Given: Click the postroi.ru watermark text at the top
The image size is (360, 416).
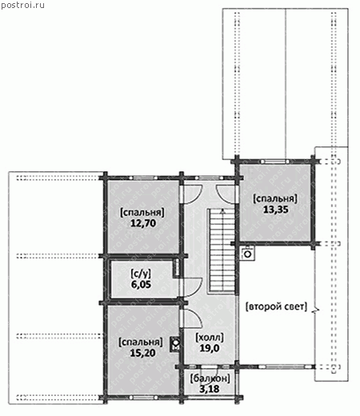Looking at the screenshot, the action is coord(22,5).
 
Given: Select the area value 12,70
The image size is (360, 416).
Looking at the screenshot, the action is coord(143,223).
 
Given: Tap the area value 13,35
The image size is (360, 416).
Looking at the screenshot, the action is coord(276,210).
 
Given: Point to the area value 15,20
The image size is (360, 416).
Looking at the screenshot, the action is coord(142,353).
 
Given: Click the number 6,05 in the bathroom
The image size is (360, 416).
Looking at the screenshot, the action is coord(141,285).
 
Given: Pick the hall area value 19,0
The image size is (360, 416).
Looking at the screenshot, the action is coord(210,348).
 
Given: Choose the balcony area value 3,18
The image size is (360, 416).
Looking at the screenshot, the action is coord(210,389).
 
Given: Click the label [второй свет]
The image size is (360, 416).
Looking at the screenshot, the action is coord(276,306).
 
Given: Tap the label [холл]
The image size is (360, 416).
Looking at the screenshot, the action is coord(210,338).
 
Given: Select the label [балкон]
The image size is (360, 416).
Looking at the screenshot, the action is coord(210,378).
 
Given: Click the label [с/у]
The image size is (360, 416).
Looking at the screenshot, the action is coord(141,274).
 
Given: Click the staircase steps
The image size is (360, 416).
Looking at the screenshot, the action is coord(222,250).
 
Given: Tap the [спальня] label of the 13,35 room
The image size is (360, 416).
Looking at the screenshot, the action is coord(275,198).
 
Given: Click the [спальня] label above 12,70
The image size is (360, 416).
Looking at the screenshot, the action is coord(142,213).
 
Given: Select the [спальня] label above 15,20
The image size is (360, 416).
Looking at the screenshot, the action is coord(141,342).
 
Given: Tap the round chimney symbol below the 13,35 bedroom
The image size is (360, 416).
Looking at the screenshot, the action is coord(248,254).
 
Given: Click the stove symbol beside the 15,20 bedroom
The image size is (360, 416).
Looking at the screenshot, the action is coord(175,345).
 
